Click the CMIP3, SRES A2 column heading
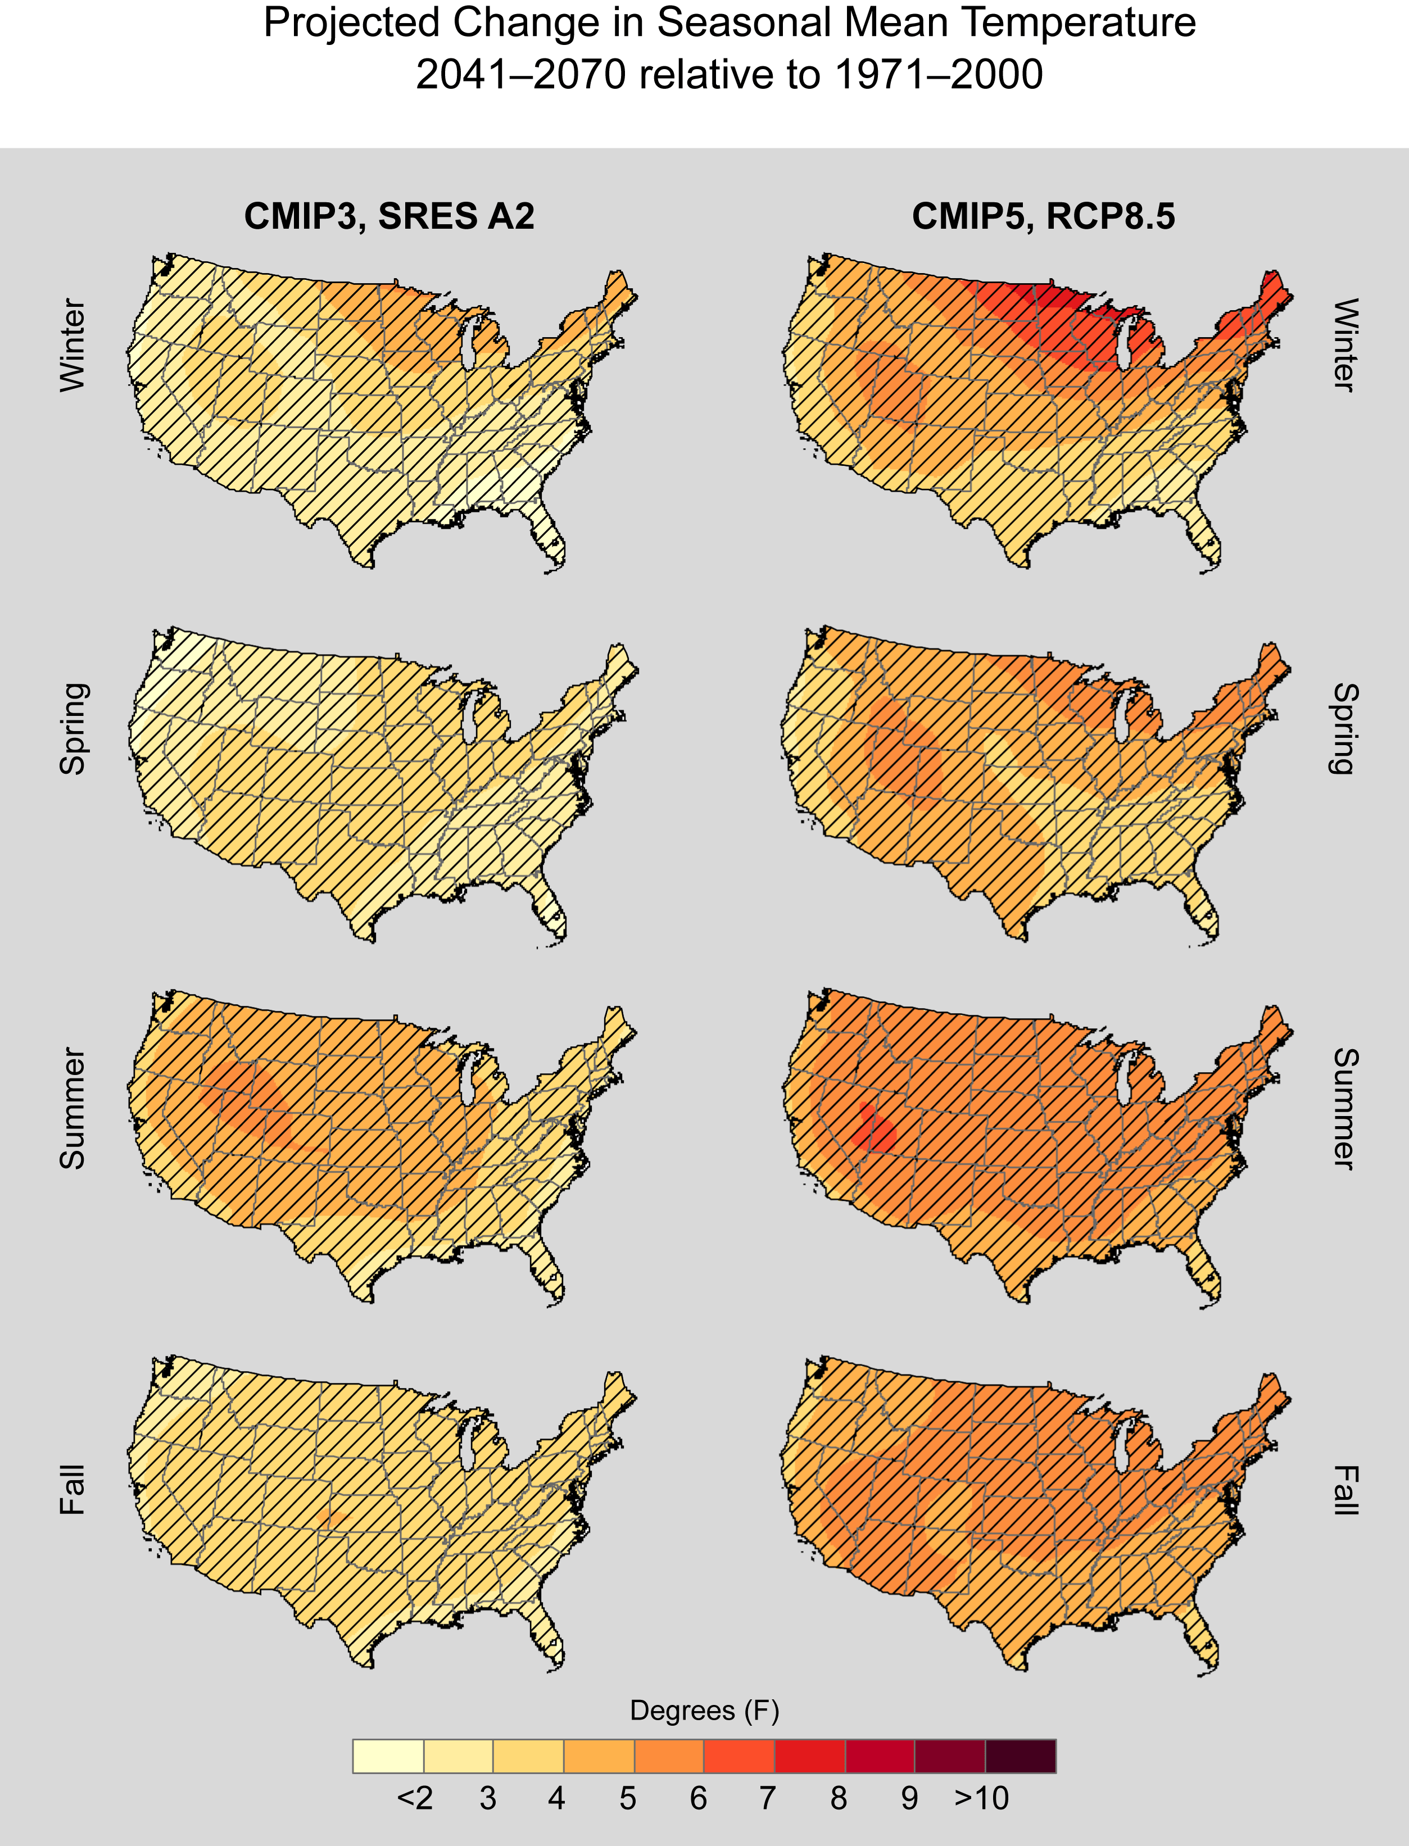coord(389,216)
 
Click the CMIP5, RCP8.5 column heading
coord(1043,216)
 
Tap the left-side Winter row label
coord(73,344)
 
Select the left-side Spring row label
coord(73,728)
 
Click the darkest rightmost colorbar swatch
coord(1020,1756)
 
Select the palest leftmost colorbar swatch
coord(388,1756)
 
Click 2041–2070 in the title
coord(520,75)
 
